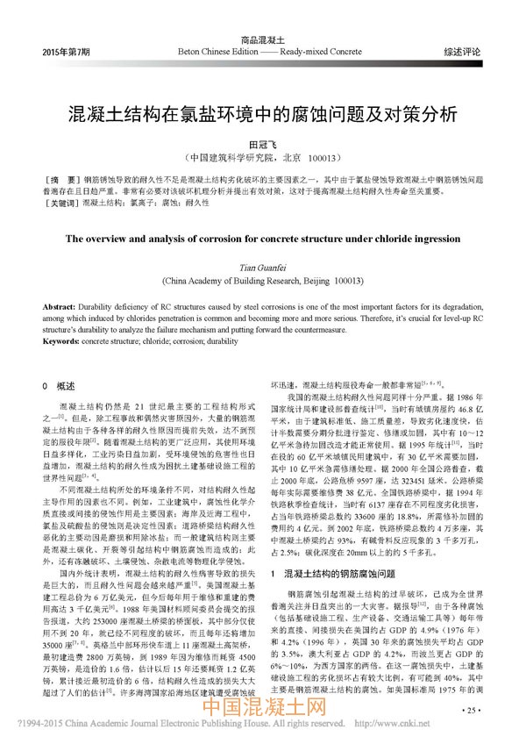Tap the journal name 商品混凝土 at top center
(263, 40)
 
